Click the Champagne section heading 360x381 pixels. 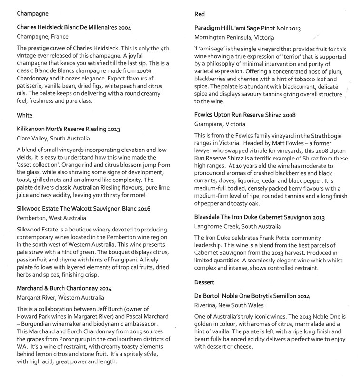pos(33,14)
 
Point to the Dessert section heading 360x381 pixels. pos(208,282)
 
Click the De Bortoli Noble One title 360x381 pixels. pos(260,296)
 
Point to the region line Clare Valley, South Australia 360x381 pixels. pos(53,139)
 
